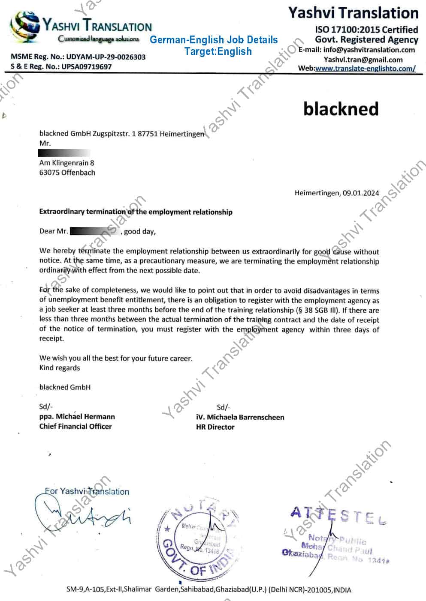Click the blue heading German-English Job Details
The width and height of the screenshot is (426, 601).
(x=214, y=40)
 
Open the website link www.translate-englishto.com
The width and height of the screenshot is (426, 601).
(x=365, y=69)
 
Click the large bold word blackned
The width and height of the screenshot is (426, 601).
(x=341, y=109)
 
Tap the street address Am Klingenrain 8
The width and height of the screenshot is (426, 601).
(x=66, y=163)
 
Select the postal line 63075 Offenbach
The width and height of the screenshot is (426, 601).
(x=67, y=173)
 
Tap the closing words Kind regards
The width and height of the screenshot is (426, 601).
(x=60, y=368)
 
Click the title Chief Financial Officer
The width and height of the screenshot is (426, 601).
(x=76, y=426)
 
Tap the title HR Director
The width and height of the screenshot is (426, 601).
(x=215, y=427)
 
